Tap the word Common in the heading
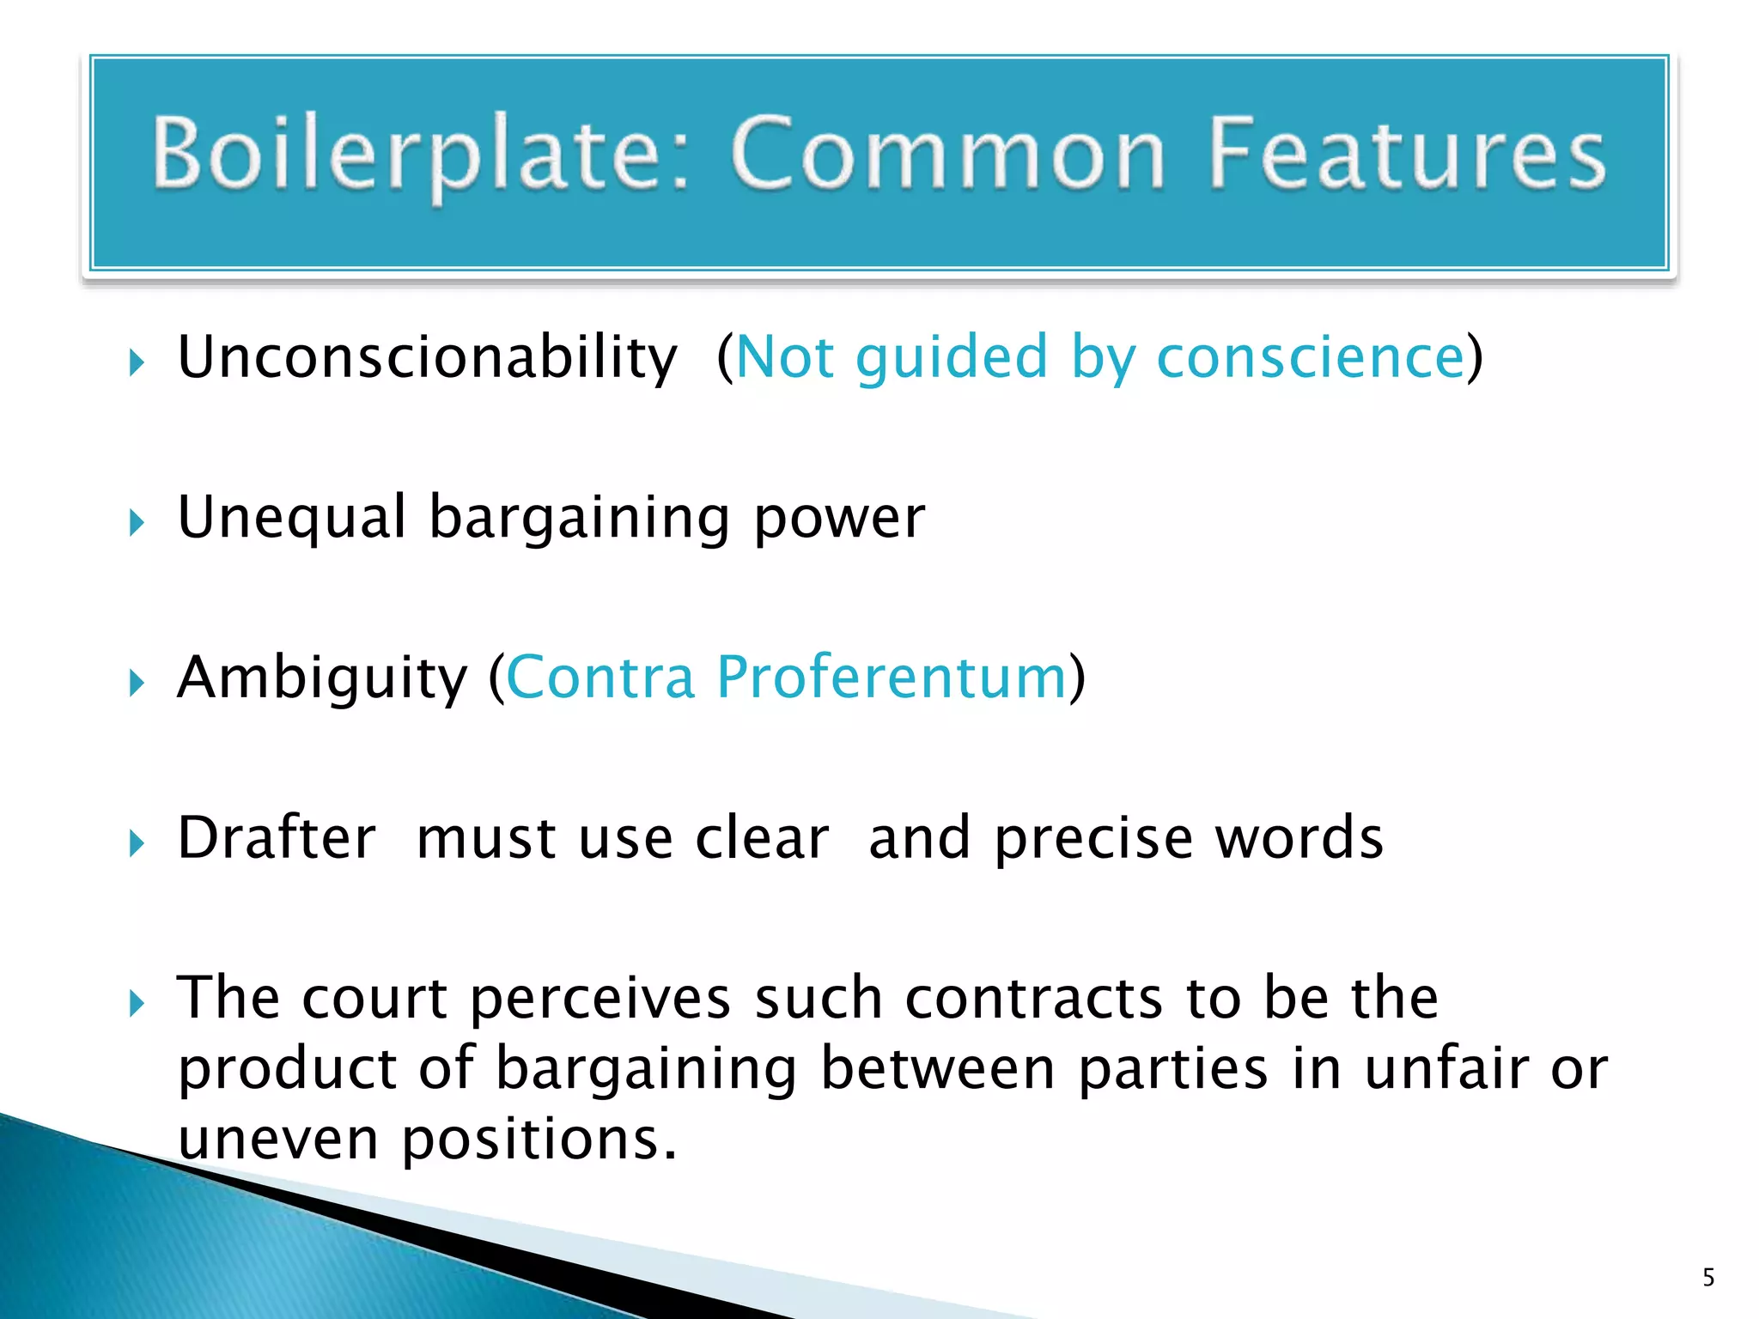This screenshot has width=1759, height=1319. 948,155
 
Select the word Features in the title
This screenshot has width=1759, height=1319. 1407,155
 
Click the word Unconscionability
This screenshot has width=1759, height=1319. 427,357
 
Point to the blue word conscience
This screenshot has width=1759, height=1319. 1310,357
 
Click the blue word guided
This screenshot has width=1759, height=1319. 952,357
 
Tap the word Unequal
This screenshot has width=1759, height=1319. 291,518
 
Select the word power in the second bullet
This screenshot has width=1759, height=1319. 839,518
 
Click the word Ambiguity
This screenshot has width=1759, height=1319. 322,678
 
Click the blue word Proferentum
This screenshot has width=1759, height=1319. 891,678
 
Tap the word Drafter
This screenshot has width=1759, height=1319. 277,838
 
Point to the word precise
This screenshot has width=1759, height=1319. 1093,838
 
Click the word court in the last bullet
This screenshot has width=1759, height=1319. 374,999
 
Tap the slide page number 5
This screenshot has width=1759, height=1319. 1708,1278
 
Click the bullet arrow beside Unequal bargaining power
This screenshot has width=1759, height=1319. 137,522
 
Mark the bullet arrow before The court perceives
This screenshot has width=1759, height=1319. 137,1003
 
